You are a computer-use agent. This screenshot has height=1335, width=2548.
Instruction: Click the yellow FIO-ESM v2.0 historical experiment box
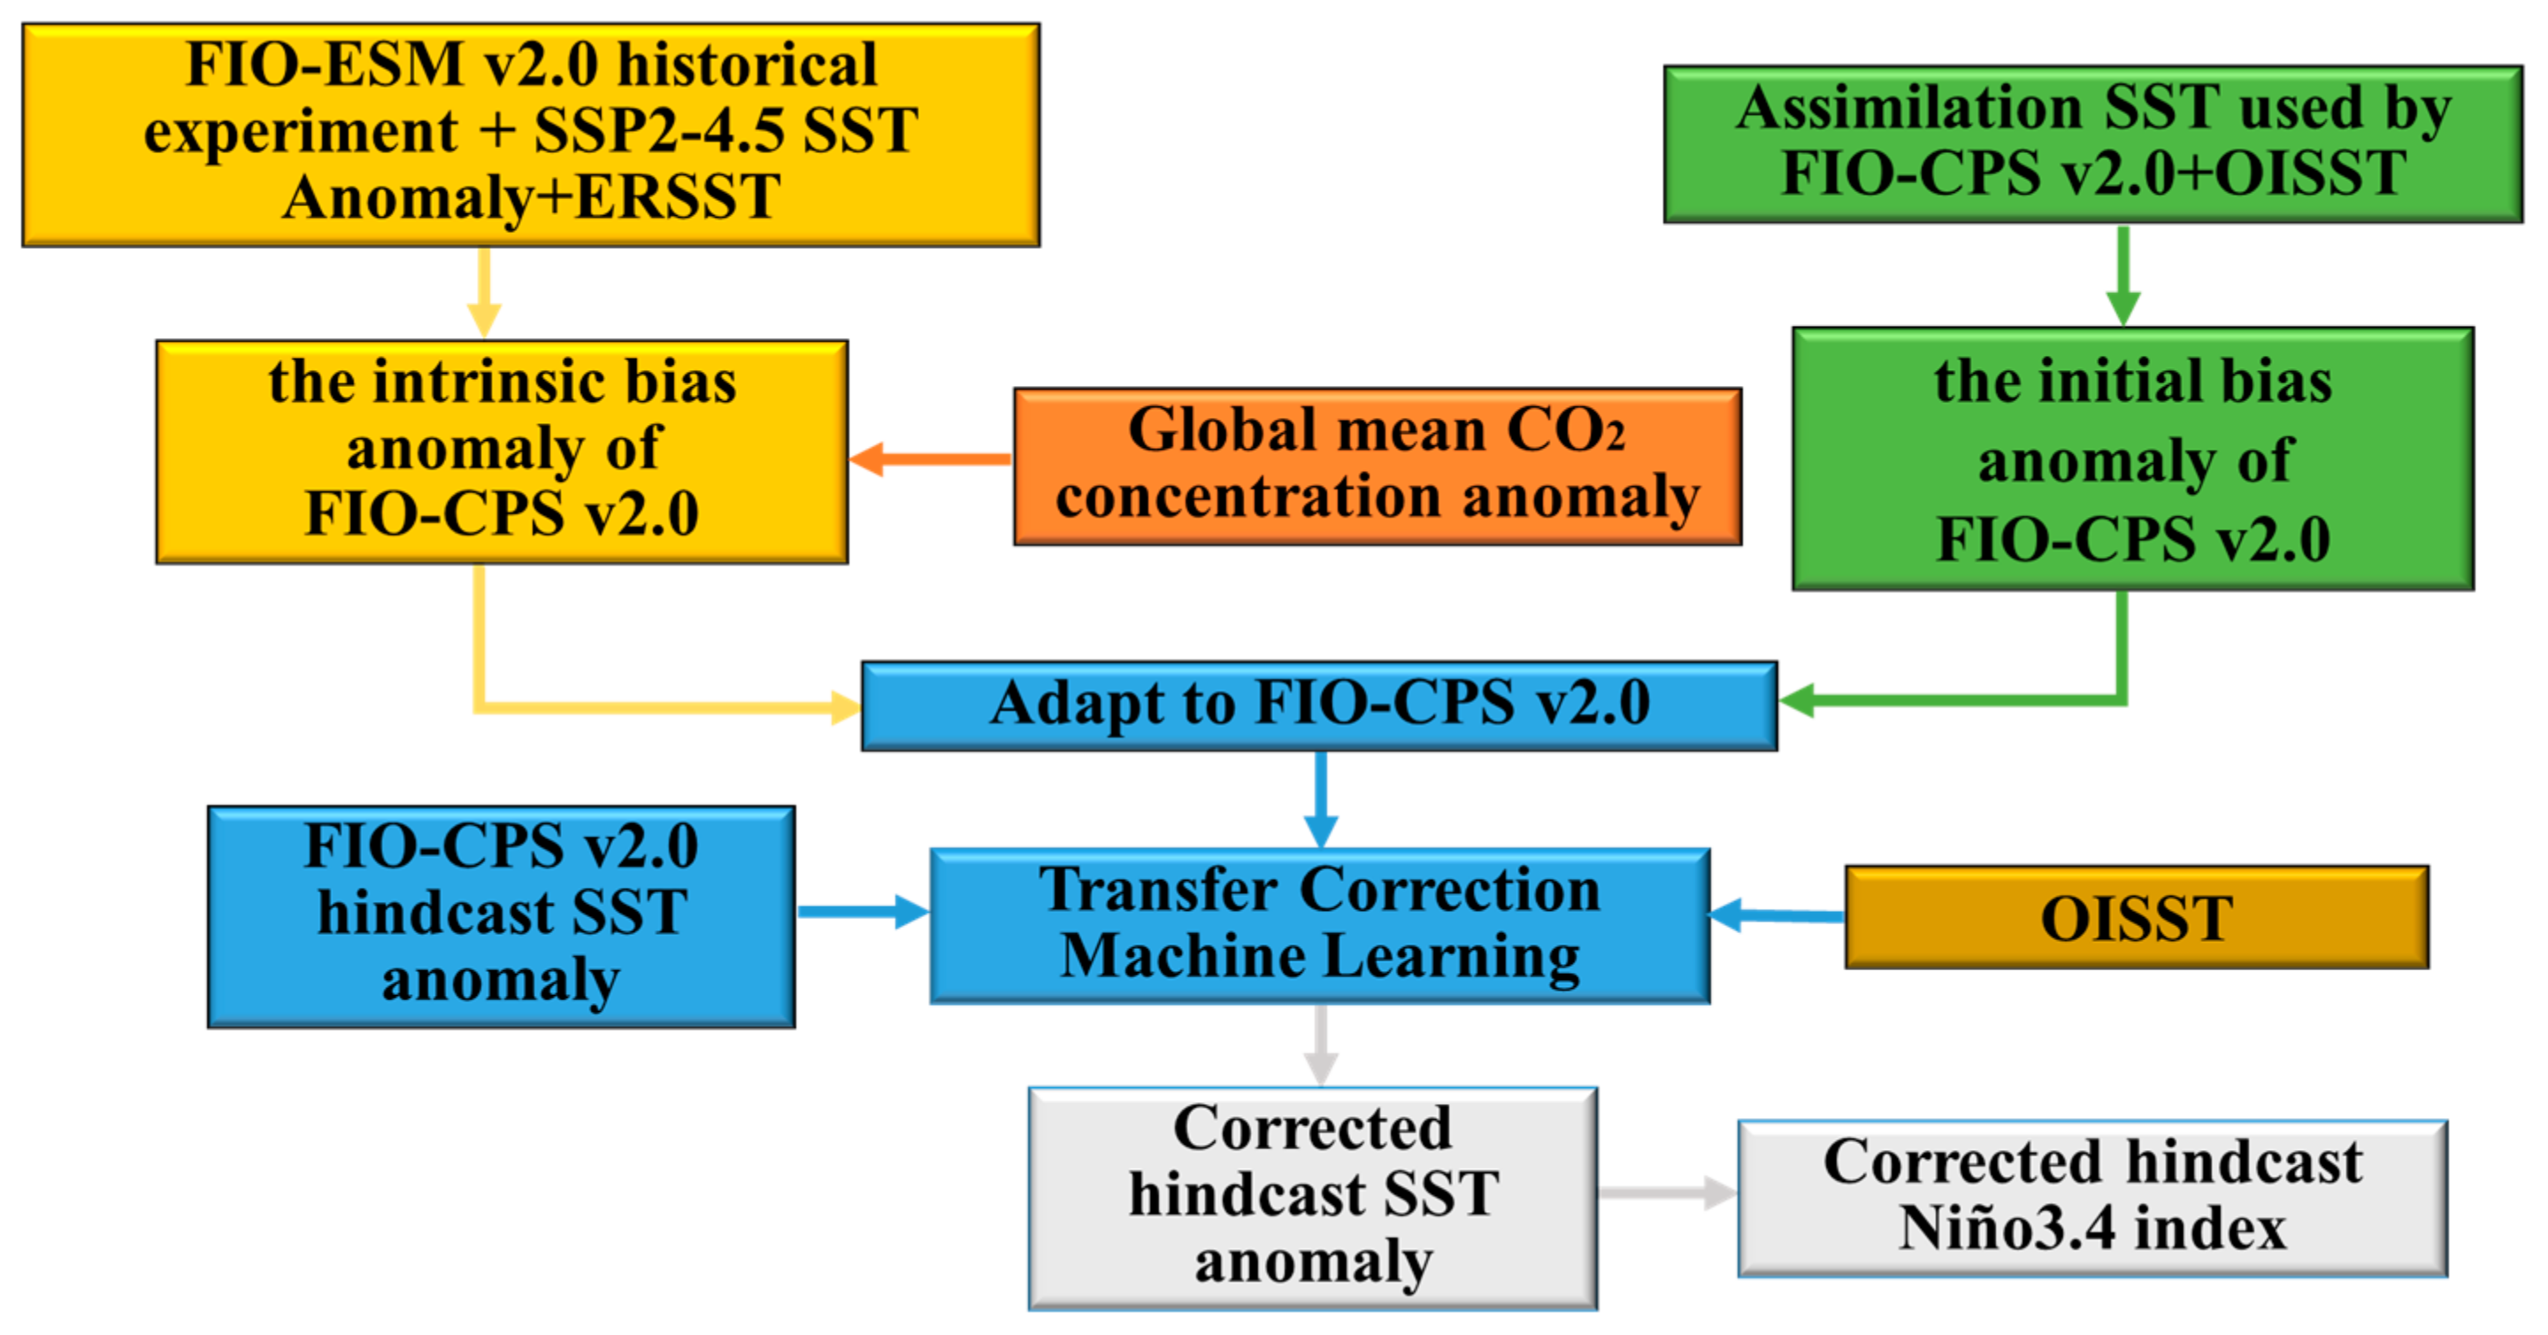531,135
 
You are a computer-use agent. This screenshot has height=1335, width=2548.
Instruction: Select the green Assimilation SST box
2092,143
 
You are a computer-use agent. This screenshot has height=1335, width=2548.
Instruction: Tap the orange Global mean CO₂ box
1377,465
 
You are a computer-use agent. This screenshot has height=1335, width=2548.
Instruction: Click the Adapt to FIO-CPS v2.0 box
1318,705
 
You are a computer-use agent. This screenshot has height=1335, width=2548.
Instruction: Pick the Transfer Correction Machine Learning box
1318,924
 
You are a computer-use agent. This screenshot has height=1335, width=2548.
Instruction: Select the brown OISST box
2136,916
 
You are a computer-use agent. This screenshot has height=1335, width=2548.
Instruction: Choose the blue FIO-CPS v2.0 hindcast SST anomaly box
501,915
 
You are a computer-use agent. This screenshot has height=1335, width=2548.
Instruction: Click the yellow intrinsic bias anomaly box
502,451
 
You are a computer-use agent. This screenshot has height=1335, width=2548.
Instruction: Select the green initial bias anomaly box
2131,459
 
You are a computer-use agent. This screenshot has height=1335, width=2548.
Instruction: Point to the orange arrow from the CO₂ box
930,459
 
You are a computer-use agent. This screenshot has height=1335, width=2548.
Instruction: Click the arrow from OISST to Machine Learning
1777,914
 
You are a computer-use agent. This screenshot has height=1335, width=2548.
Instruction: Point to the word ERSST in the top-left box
678,197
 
